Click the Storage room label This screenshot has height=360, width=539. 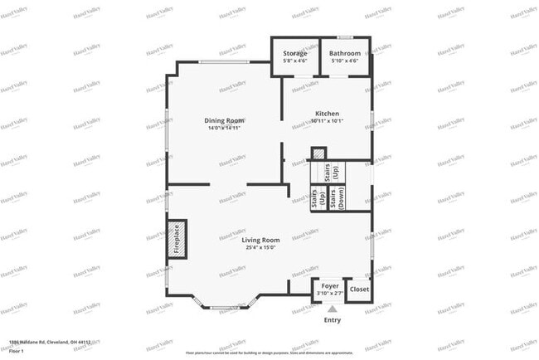[x=296, y=53]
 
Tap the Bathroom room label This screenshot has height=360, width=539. [x=345, y=53]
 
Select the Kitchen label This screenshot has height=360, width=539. [x=327, y=114]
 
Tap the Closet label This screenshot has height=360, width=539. [x=359, y=289]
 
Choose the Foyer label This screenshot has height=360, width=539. [x=330, y=284]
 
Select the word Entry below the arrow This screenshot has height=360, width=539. [x=332, y=320]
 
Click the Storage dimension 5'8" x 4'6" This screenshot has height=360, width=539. [x=296, y=61]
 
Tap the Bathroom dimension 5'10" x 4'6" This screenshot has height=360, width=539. [x=345, y=61]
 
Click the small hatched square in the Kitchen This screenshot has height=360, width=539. [x=318, y=153]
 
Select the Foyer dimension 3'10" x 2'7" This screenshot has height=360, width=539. [x=330, y=291]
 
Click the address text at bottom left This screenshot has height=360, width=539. [x=50, y=342]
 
